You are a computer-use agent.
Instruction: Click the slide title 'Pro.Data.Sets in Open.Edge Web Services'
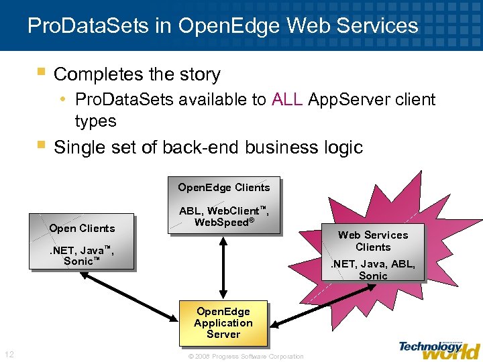point(223,26)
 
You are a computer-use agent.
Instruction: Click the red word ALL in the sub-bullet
point(288,100)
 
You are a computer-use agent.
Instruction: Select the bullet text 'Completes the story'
point(137,74)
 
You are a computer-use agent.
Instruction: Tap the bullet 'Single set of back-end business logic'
point(208,147)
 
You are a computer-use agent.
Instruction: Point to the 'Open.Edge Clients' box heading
point(223,188)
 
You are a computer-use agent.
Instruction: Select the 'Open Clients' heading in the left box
point(82,228)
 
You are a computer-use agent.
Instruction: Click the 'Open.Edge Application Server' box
point(223,322)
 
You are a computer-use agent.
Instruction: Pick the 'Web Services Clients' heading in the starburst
point(373,241)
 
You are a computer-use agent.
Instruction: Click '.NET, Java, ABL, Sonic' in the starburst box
point(373,269)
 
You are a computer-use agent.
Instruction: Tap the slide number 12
point(9,354)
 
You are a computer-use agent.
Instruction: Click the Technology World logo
point(439,349)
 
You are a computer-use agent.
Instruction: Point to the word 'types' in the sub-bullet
point(95,121)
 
